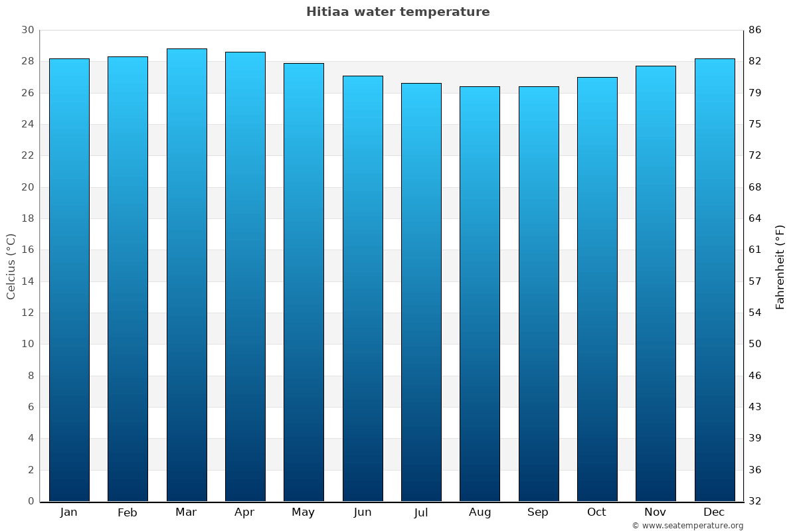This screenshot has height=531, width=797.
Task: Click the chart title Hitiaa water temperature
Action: [x=398, y=12]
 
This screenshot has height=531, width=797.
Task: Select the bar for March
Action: [x=187, y=275]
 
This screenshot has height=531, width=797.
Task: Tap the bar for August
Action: [x=480, y=293]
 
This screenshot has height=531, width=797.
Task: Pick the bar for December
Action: [x=715, y=279]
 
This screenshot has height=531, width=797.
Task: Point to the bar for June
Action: [x=363, y=288]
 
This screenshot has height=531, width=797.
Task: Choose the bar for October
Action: [x=597, y=289]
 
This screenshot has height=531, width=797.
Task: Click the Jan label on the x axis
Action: [x=69, y=512]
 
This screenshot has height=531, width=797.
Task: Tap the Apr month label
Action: [x=245, y=512]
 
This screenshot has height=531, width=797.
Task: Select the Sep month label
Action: [x=538, y=512]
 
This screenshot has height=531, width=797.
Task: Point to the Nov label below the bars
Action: [x=656, y=512]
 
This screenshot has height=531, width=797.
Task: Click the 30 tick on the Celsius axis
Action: [x=27, y=30]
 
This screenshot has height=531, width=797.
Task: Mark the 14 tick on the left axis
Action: [x=27, y=281]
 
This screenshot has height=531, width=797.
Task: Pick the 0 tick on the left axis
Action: [x=31, y=501]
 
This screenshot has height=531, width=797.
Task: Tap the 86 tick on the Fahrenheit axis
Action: [x=755, y=30]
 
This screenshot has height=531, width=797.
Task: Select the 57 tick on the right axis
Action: [x=755, y=281]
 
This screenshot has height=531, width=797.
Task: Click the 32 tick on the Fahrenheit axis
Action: [x=755, y=501]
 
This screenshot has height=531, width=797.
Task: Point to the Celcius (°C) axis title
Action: [x=11, y=265]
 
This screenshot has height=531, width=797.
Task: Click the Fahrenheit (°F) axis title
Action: [x=780, y=266]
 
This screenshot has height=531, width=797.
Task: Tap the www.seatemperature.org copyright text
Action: [x=687, y=526]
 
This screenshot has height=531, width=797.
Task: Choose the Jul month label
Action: [x=421, y=512]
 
